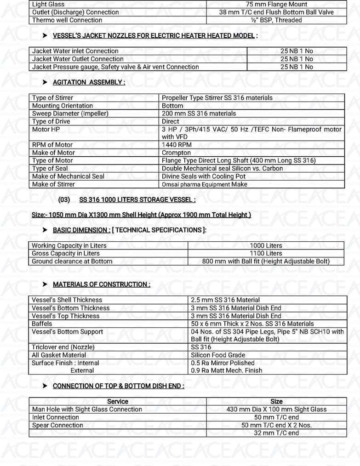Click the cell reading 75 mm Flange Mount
point(276,4)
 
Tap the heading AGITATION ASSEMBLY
point(89,82)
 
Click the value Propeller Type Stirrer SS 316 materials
point(217,98)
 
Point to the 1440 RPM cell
point(177,145)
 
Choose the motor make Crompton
point(176,153)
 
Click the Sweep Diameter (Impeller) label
point(70,114)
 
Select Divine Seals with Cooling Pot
point(204,176)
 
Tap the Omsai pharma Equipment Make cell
point(205,184)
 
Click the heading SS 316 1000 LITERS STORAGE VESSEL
point(137,200)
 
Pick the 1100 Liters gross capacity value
point(266,253)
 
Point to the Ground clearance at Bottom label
point(72,261)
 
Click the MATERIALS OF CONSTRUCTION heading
point(101,284)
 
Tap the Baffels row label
point(42,324)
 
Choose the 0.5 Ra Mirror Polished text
point(223,363)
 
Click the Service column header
point(118,401)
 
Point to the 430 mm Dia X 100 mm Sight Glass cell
point(276,409)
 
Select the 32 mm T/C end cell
point(276,433)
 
